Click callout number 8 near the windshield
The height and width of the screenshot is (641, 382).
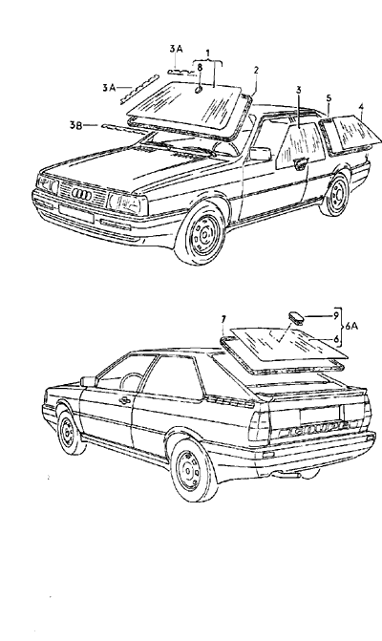200,68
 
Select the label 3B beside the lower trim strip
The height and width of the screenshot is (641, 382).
75,125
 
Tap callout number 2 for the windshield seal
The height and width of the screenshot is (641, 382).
256,70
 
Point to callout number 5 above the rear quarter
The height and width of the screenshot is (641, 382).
329,98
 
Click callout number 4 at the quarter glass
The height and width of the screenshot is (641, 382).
361,107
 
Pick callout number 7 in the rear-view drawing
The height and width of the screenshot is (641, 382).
223,320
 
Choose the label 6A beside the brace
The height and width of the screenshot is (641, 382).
351,326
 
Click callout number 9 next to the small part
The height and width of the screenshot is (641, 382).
336,315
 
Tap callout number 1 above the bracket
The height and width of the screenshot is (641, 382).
208,53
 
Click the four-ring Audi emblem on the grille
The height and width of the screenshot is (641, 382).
81,195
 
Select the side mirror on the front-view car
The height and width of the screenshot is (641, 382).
261,154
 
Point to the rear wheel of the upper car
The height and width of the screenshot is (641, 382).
335,195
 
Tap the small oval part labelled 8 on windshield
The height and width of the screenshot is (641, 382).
199,90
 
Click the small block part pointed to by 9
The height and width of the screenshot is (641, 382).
296,317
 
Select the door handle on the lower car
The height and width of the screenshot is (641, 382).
125,400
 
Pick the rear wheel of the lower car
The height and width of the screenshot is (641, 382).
192,470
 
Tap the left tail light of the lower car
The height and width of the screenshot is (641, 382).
259,426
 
